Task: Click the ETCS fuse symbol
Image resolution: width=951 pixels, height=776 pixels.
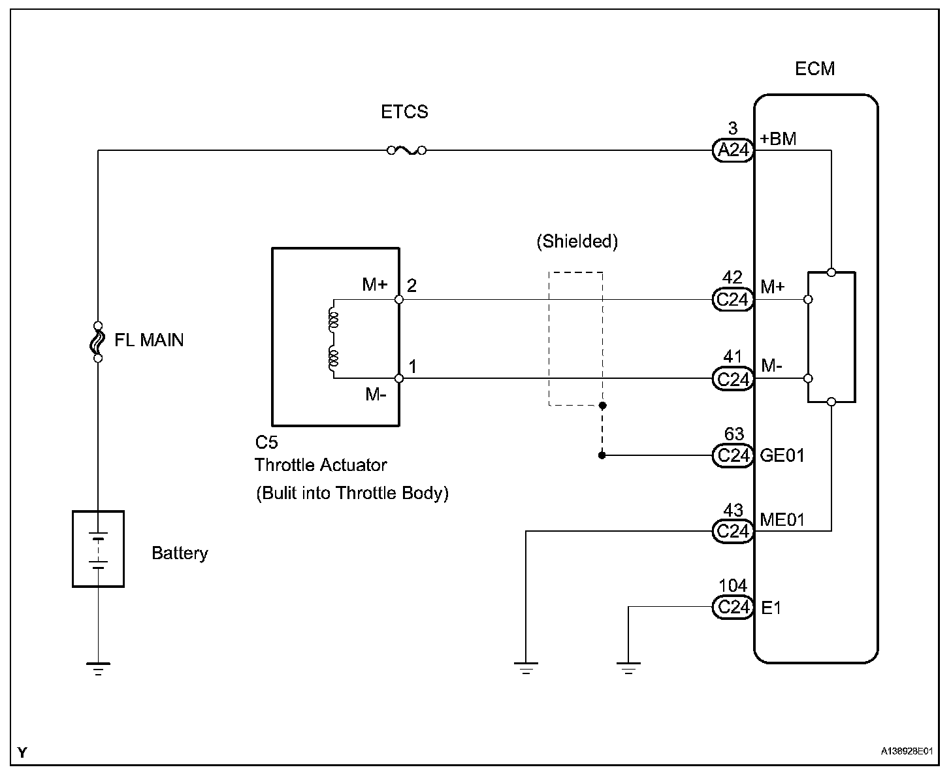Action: [x=406, y=151]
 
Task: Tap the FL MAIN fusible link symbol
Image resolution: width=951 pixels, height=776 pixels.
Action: [x=98, y=342]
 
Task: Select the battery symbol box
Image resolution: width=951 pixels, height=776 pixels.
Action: [x=98, y=549]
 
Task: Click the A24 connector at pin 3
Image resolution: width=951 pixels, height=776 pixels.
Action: [x=732, y=151]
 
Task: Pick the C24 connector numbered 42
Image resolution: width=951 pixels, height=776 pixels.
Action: [x=732, y=300]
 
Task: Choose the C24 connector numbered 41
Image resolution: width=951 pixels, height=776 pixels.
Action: [x=732, y=379]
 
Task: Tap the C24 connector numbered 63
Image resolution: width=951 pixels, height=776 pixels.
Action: [x=732, y=455]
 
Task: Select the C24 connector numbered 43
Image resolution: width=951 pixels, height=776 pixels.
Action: [x=732, y=531]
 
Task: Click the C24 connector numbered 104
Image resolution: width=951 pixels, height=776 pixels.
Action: [x=732, y=607]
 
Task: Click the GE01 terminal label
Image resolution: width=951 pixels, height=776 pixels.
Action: [x=782, y=455]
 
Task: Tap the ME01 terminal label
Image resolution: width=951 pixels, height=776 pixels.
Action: [x=782, y=520]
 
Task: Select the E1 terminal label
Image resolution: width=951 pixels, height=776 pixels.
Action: [x=771, y=608]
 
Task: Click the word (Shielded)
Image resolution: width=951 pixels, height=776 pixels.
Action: [x=577, y=242]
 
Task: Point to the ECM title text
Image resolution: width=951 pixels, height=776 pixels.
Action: [x=814, y=69]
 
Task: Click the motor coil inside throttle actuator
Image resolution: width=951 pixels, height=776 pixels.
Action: [x=333, y=339]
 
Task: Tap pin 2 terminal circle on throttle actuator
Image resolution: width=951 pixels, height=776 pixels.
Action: [x=399, y=300]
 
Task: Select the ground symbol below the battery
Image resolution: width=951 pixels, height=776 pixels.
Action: [x=98, y=668]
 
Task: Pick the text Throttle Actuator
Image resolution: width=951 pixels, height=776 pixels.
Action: [x=321, y=465]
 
